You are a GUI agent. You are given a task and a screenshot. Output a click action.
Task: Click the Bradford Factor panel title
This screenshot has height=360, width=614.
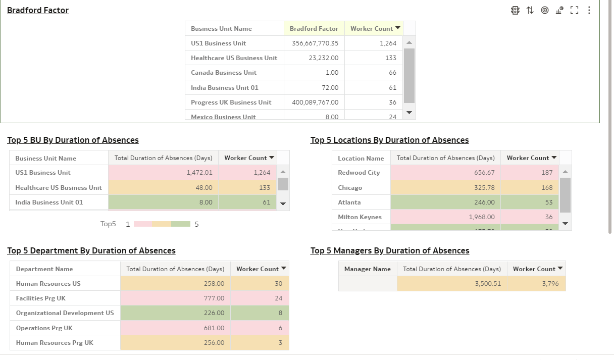pos(38,10)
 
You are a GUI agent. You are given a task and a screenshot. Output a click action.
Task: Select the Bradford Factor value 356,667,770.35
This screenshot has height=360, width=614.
pos(315,43)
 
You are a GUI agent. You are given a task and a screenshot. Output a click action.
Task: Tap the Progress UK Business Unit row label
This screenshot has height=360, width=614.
pos(231,102)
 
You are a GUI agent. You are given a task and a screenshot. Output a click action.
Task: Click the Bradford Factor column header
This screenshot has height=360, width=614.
pos(314,29)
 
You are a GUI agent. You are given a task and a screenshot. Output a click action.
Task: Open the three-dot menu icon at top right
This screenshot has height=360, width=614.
pos(589,10)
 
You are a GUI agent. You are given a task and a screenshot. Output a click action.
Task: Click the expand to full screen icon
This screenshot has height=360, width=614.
pos(574,10)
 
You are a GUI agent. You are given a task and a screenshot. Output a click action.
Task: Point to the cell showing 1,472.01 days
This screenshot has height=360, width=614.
pos(199,173)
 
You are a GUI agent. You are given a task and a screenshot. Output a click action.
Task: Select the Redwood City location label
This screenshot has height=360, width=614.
pos(359,173)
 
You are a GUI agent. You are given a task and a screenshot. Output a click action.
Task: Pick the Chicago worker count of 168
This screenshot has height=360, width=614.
pos(547,188)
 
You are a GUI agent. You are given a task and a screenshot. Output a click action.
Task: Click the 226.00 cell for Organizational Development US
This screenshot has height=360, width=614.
pos(214,313)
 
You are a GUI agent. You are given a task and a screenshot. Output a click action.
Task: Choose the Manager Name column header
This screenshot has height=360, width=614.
pos(367,269)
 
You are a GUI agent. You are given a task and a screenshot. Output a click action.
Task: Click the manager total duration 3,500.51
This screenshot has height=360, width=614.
pos(488,284)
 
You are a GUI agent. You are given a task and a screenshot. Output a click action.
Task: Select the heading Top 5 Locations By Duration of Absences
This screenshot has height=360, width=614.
pos(389,140)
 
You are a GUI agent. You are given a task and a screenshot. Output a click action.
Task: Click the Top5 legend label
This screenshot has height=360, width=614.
pos(108,224)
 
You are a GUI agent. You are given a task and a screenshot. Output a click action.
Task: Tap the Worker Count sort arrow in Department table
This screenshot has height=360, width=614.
pos(284,269)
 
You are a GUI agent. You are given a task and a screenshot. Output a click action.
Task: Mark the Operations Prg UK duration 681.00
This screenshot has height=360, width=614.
pos(214,328)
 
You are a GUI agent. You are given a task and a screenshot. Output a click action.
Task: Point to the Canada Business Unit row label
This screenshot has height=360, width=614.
pos(223,73)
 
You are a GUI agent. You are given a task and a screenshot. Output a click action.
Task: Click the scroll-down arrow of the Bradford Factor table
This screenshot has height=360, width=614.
pos(410,113)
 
